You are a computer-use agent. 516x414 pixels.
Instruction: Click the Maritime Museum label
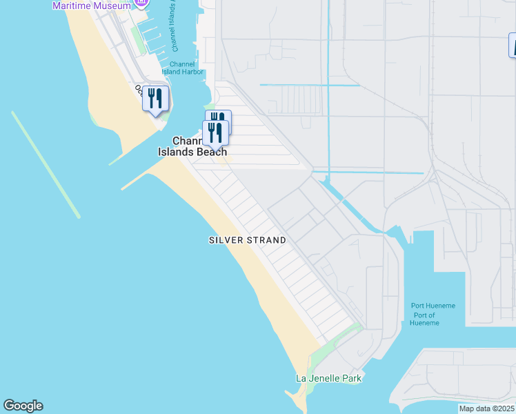pyautogui.click(x=91, y=6)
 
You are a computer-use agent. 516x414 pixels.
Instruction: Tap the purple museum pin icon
pyautogui.click(x=142, y=3)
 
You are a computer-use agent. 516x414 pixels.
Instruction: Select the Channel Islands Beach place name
pyautogui.click(x=192, y=146)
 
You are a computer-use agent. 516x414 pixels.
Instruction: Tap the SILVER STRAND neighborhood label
pyautogui.click(x=247, y=240)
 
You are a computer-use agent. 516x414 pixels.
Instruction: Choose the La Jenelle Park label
pyautogui.click(x=328, y=378)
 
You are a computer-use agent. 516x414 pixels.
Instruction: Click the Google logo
pyautogui.click(x=23, y=406)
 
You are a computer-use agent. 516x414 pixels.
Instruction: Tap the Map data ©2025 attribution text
pyautogui.click(x=486, y=408)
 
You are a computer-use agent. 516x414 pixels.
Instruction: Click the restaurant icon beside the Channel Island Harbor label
pyautogui.click(x=156, y=99)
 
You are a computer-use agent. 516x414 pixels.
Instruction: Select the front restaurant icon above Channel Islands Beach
pyautogui.click(x=216, y=132)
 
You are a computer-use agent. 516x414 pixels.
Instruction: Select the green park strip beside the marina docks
pyautogui.click(x=138, y=39)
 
